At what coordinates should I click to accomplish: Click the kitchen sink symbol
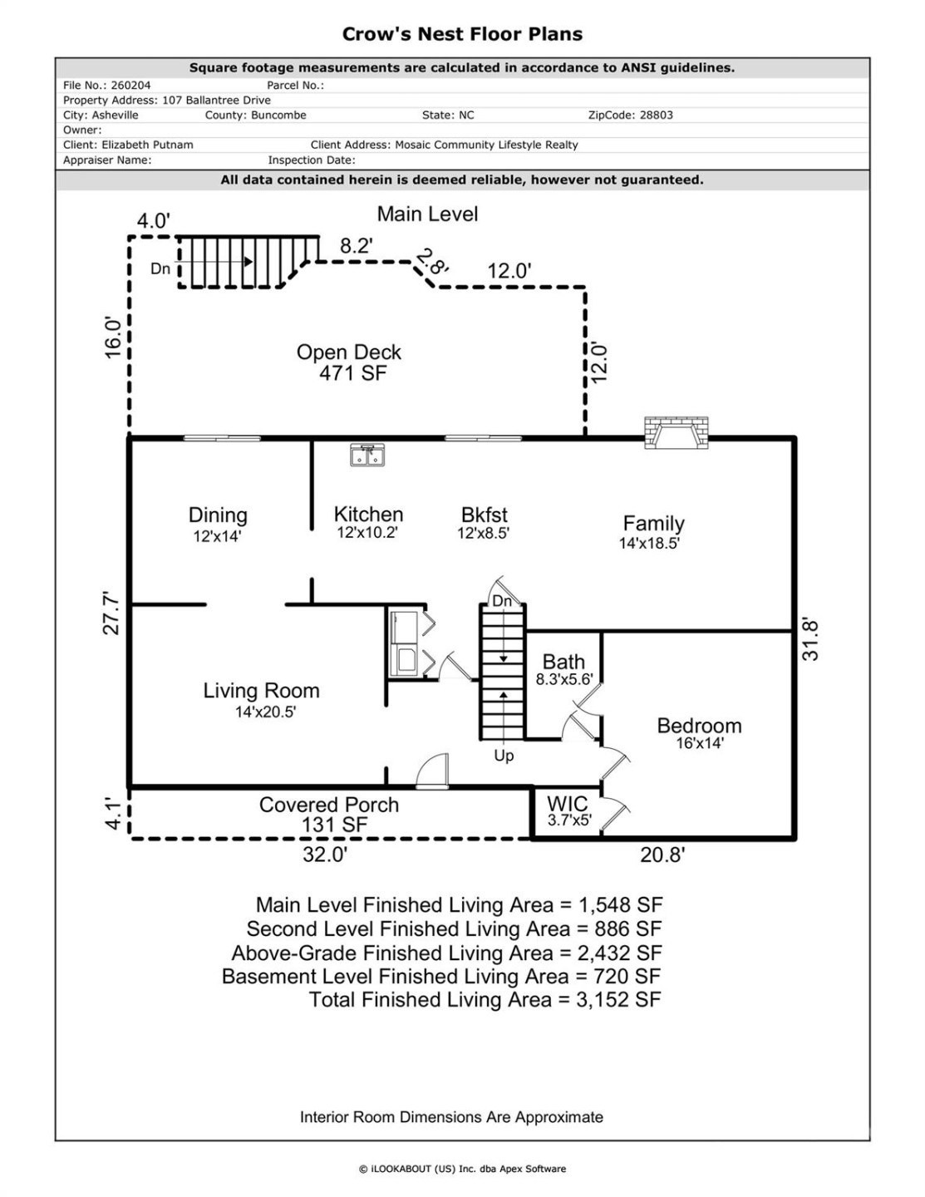[367, 455]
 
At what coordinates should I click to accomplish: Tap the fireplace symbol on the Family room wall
[676, 432]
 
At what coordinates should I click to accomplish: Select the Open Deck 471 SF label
[350, 362]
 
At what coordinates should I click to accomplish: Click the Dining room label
[218, 524]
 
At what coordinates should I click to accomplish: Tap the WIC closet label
[568, 810]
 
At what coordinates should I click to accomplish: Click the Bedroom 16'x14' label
[699, 732]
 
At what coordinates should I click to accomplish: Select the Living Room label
[262, 699]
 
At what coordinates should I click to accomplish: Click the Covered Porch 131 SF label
[330, 815]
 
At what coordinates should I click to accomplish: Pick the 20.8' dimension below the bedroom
[662, 855]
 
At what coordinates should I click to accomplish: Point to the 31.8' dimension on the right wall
[809, 638]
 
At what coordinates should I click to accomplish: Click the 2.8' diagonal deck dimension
[432, 263]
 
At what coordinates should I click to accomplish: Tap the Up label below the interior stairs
[504, 756]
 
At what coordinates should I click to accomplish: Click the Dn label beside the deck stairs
[160, 268]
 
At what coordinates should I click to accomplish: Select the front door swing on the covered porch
[432, 771]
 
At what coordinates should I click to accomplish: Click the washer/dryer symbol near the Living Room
[406, 643]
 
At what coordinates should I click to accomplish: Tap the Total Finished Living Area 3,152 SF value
[618, 999]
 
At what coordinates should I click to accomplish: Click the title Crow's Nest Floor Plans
[462, 34]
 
